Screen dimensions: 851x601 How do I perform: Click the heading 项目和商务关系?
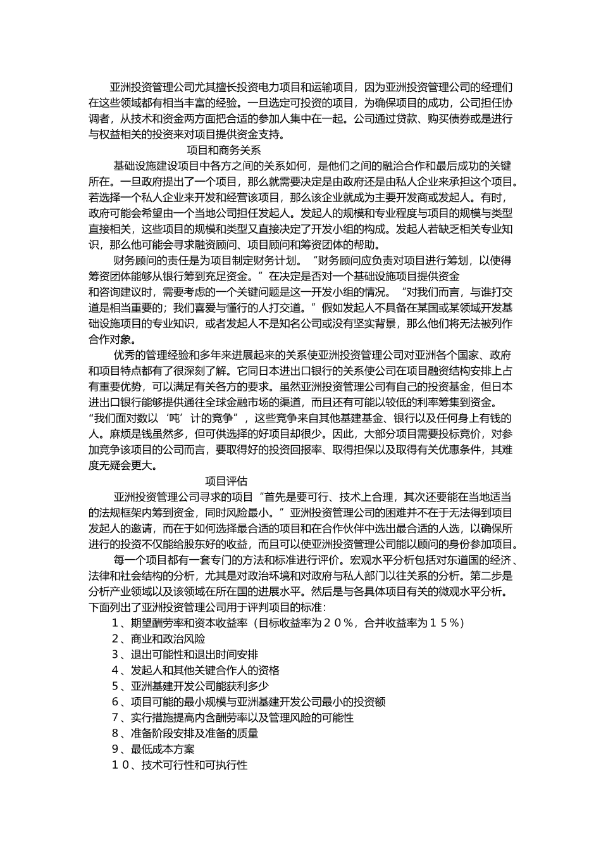[225, 150]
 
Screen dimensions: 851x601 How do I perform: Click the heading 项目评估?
[226, 481]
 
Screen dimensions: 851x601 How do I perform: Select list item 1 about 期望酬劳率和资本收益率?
[288, 622]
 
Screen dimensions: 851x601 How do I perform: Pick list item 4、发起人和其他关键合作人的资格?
[195, 670]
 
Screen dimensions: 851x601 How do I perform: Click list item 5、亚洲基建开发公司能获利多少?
[190, 686]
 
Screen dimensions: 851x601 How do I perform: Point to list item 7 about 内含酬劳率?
[233, 717]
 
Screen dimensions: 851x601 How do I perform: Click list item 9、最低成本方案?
[153, 749]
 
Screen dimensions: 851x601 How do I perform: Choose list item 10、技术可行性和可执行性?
[180, 765]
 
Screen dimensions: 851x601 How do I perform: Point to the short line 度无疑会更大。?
[124, 465]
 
